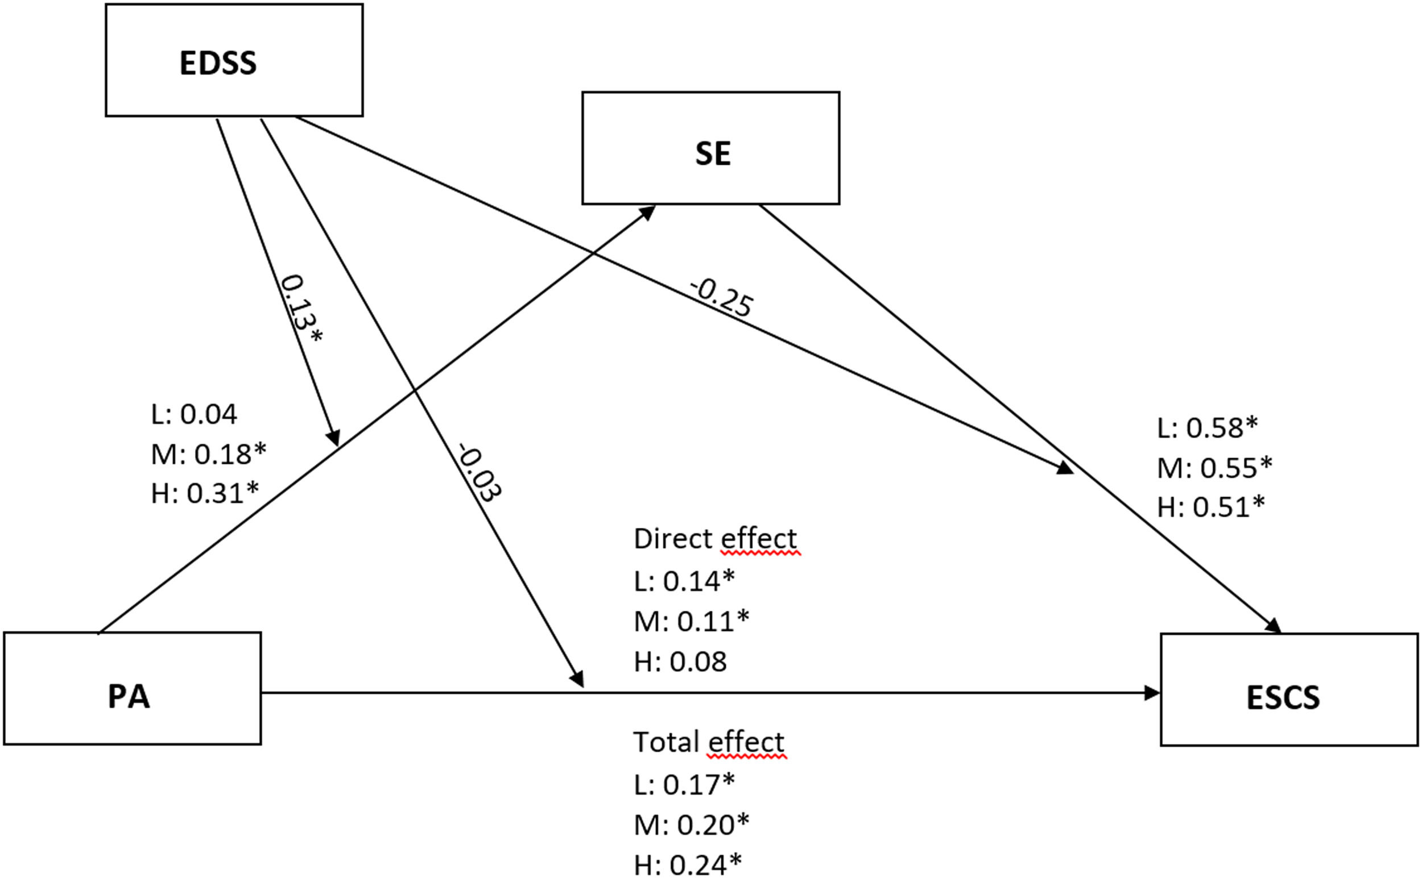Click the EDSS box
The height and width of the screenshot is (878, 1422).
click(234, 60)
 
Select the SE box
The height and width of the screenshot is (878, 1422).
click(710, 148)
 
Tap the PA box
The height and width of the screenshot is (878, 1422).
click(133, 689)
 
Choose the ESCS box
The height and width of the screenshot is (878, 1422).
click(1289, 690)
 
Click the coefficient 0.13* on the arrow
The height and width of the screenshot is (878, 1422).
click(301, 310)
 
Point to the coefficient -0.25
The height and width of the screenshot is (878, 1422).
click(721, 298)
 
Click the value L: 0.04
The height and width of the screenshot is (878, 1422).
click(194, 415)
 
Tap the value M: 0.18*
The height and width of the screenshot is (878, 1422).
click(209, 454)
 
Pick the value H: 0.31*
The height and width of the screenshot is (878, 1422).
click(205, 494)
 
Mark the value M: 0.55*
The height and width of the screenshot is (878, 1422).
click(1214, 467)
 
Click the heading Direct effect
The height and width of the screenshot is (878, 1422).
click(715, 539)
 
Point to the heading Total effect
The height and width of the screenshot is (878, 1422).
click(708, 742)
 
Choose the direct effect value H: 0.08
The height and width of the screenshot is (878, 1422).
click(680, 661)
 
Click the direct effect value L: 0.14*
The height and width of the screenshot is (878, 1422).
click(684, 581)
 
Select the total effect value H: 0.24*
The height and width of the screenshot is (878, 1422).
click(688, 864)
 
